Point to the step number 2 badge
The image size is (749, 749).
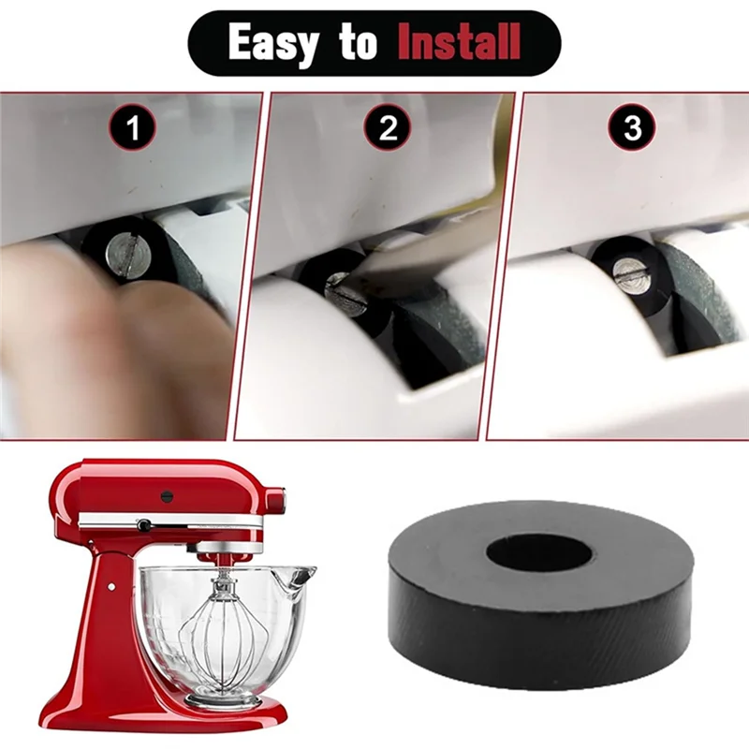[387, 129]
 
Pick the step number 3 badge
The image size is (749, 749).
[633, 129]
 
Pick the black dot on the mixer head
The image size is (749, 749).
[168, 495]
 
